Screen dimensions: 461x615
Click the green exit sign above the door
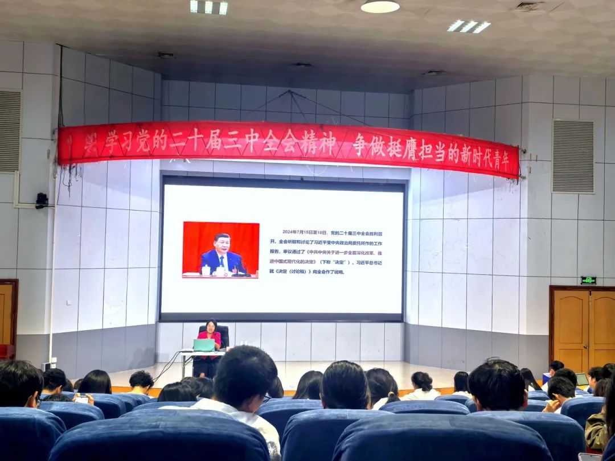pos(588,280)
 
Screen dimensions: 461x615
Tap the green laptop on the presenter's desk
pos(204,345)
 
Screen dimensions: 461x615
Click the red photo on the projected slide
pos(220,250)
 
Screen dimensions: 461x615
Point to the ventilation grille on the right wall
pos(573,157)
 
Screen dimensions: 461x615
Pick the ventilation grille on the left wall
pos(10,131)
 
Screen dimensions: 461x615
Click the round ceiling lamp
pos(380,6)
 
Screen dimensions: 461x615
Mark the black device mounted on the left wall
pos(42,200)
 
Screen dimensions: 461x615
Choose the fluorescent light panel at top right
pos(469,26)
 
